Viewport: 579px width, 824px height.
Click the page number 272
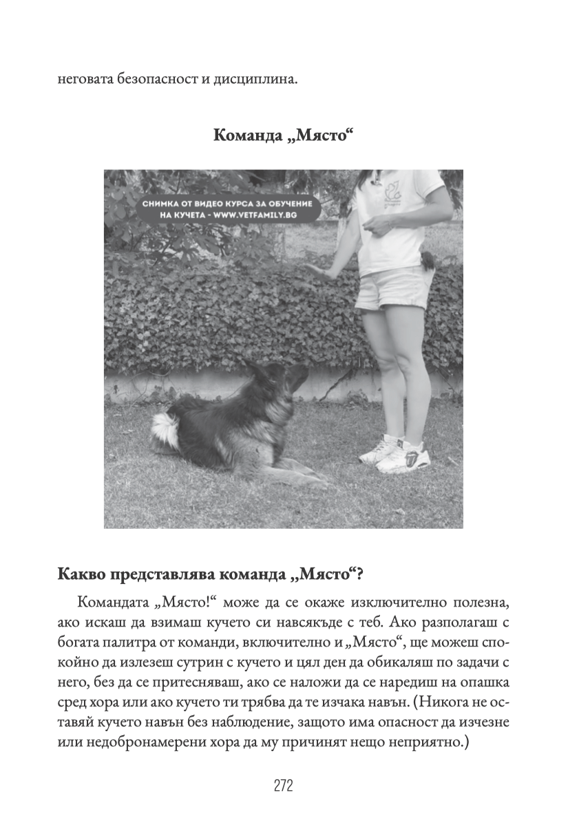(284, 785)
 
